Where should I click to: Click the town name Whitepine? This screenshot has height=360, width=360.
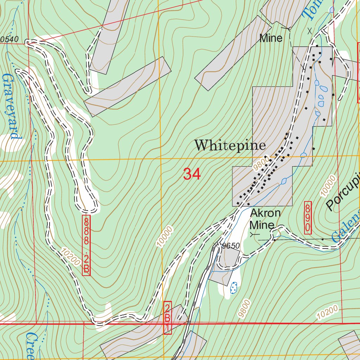point(230,145)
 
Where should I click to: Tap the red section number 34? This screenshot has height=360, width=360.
point(192,174)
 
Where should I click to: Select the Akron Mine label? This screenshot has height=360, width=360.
point(265,219)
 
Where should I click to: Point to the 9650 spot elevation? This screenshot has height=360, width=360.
point(230,246)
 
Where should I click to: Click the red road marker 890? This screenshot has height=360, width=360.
point(308,217)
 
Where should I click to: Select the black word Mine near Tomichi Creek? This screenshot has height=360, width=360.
point(271,38)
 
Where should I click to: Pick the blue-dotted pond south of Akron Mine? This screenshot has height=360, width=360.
point(233,288)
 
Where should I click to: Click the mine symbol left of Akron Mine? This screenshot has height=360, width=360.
point(254,233)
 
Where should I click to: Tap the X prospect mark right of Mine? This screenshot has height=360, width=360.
point(309,31)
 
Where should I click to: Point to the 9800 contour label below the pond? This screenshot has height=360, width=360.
point(244,309)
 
